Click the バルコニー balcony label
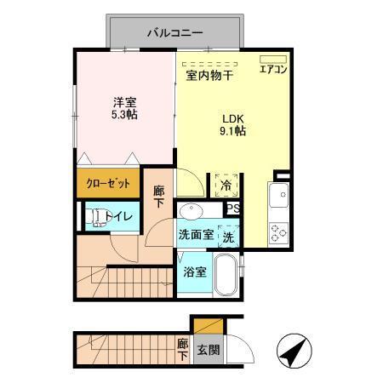pyautogui.click(x=174, y=34)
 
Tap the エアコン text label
pyautogui.click(x=273, y=71)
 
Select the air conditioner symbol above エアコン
pyautogui.click(x=273, y=59)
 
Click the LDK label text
pyautogui.click(x=233, y=118)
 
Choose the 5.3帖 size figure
pyautogui.click(x=125, y=116)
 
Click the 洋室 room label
pyautogui.click(x=125, y=102)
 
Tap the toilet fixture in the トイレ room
pyautogui.click(x=95, y=218)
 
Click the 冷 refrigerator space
pyautogui.click(x=226, y=184)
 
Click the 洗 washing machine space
pyautogui.click(x=228, y=236)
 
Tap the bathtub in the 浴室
pyautogui.click(x=226, y=274)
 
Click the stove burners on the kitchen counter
pyautogui.click(x=278, y=230)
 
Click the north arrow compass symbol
pyautogui.click(x=293, y=351)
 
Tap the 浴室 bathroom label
pyautogui.click(x=195, y=272)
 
